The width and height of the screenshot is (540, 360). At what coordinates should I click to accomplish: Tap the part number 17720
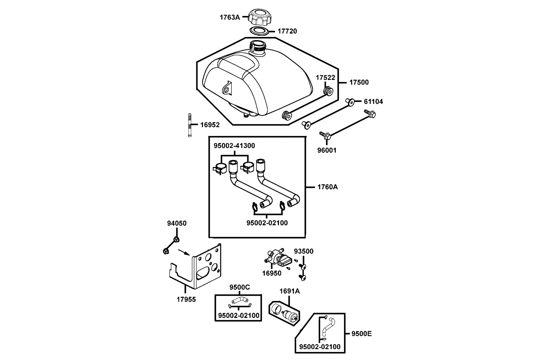tap(287, 31)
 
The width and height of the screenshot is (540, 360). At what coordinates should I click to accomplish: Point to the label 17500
tap(359, 82)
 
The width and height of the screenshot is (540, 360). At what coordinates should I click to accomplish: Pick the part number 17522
tap(325, 78)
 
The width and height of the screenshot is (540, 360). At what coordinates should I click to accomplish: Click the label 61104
tap(373, 102)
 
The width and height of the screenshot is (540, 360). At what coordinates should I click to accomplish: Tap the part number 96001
tap(327, 150)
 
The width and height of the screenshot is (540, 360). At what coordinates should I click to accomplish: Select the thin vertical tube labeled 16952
tap(190, 125)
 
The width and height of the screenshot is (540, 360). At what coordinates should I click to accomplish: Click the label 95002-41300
tap(234, 146)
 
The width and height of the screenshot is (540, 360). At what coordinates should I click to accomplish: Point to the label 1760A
tap(328, 187)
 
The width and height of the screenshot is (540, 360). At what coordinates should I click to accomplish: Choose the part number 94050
tap(177, 223)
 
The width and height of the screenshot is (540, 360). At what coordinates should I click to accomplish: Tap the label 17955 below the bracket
tap(186, 299)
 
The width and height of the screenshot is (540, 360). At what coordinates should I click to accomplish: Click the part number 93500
tap(304, 251)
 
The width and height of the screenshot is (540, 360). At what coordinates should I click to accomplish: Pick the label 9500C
tap(240, 287)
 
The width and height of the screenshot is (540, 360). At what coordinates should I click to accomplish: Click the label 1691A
tap(289, 291)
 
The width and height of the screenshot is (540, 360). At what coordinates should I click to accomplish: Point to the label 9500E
tap(361, 334)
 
